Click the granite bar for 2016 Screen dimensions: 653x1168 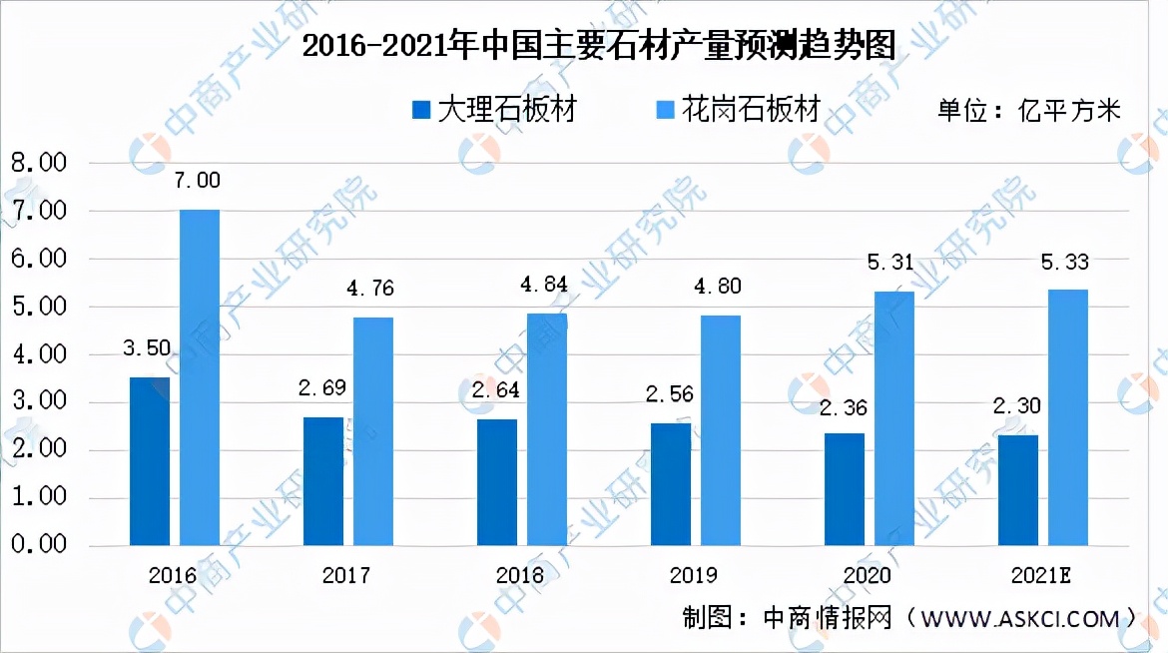(200, 377)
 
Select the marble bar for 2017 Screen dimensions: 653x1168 (323, 481)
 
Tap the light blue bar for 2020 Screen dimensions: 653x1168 (893, 418)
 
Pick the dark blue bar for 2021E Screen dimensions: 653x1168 (1017, 490)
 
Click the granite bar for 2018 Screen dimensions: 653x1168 (547, 429)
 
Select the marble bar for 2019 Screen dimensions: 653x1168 (671, 484)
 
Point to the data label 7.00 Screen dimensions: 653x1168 (198, 181)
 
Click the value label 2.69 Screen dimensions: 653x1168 (321, 389)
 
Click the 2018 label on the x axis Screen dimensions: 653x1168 (519, 576)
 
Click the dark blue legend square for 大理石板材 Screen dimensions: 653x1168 (421, 110)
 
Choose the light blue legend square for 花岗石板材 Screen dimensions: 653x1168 (666, 110)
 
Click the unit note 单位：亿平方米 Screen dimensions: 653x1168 (1029, 110)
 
